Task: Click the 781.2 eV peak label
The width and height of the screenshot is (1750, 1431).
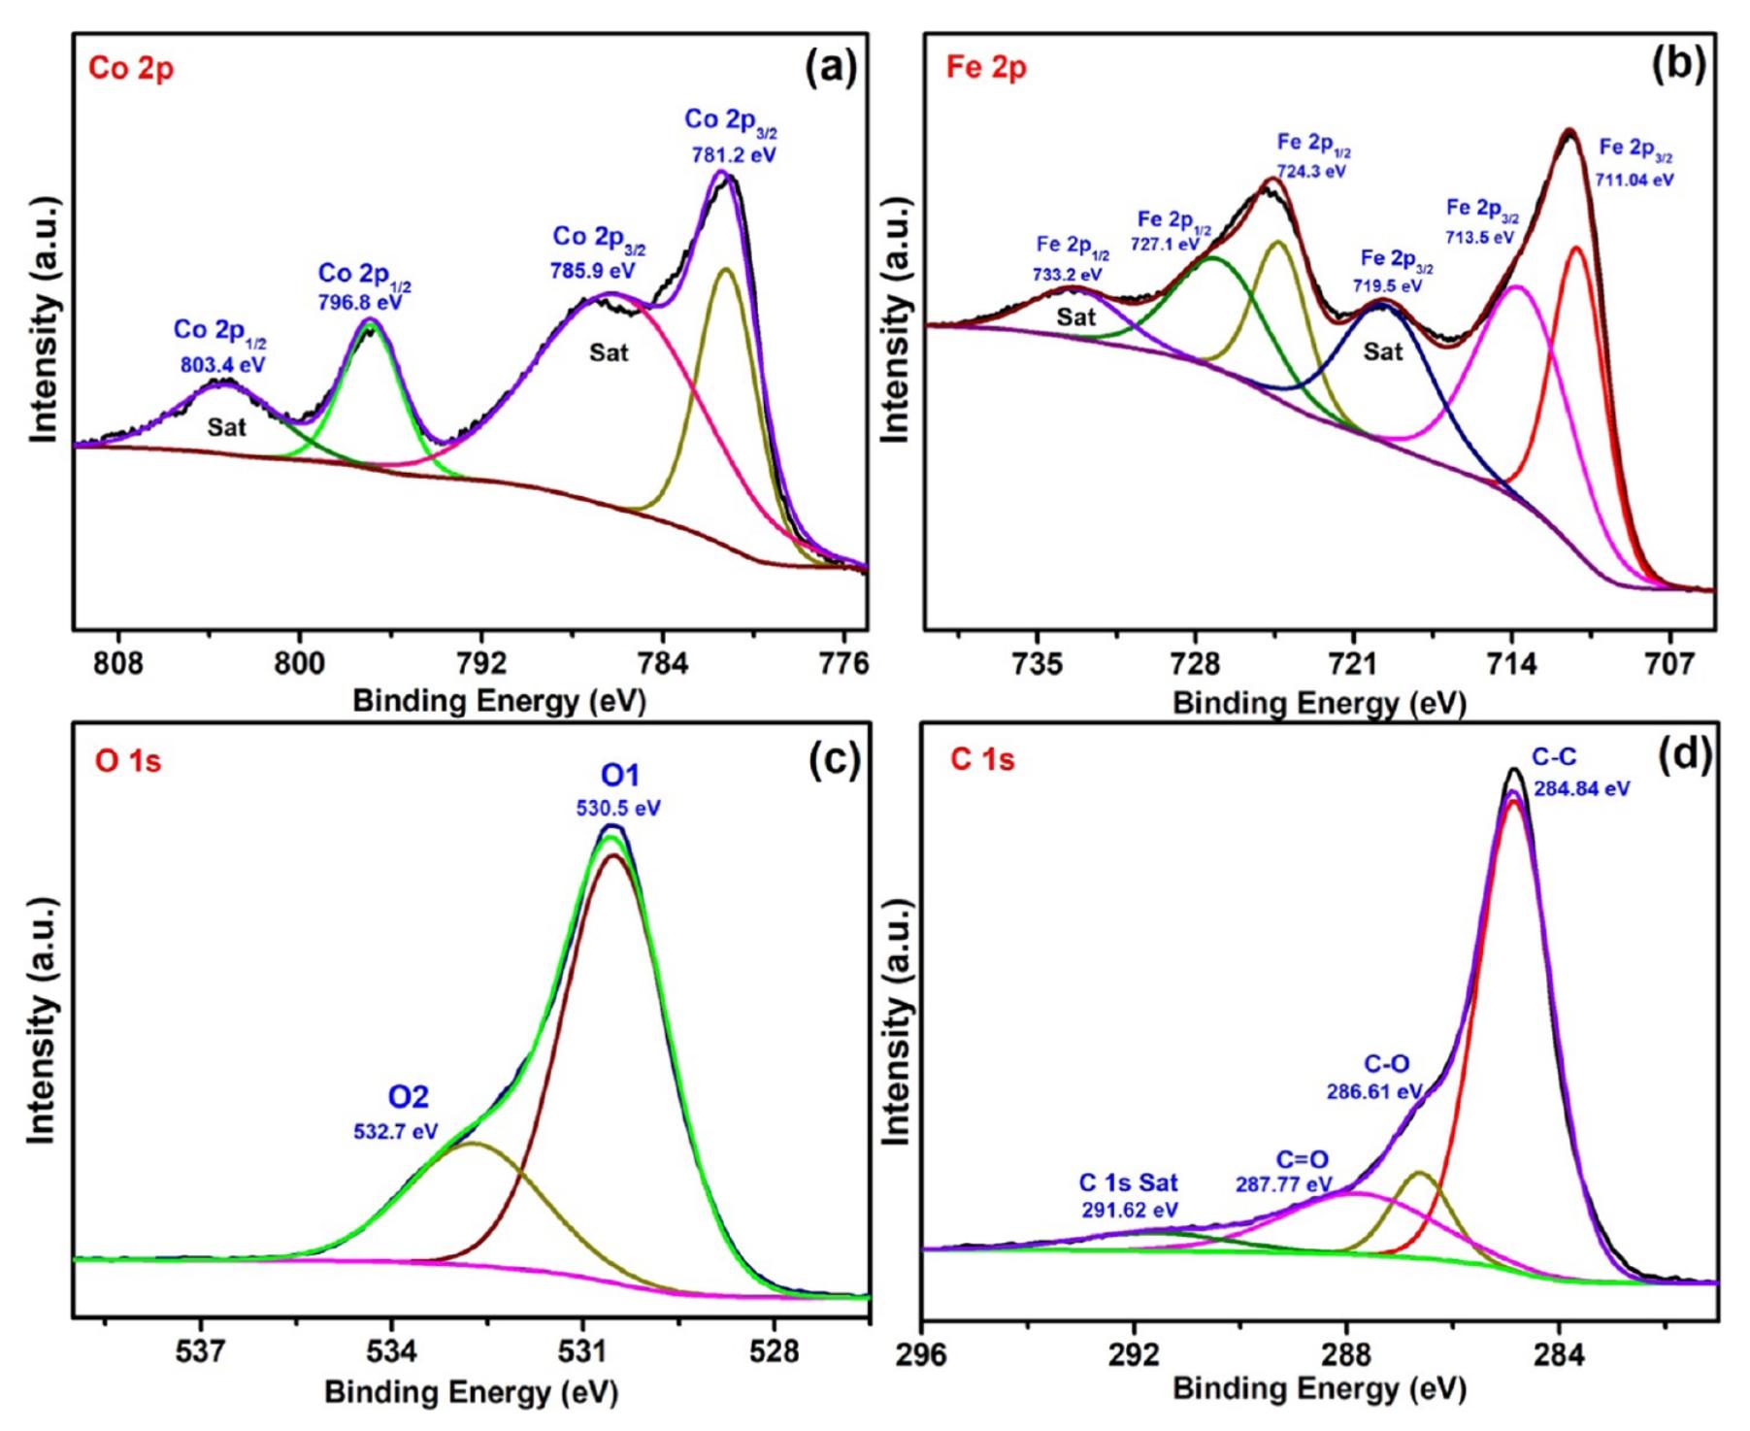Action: pos(734,154)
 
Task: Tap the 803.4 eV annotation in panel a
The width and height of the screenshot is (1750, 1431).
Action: pos(222,366)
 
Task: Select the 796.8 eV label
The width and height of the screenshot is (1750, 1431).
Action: pos(360,302)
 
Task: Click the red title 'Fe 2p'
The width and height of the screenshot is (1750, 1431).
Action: pos(985,68)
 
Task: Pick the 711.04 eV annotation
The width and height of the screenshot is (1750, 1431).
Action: pos(1634,180)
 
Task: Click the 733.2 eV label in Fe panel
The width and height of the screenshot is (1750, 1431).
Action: pos(1068,275)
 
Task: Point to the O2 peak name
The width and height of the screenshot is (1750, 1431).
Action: pos(408,1097)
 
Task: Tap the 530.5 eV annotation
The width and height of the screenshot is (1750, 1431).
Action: pos(619,809)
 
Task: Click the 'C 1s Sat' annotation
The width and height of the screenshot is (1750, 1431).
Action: pos(1129,1182)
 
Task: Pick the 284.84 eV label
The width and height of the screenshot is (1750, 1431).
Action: pos(1581,788)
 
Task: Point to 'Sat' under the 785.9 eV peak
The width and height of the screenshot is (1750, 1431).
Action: pos(609,352)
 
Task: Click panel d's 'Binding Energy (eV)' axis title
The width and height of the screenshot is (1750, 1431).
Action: pos(1319,1389)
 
